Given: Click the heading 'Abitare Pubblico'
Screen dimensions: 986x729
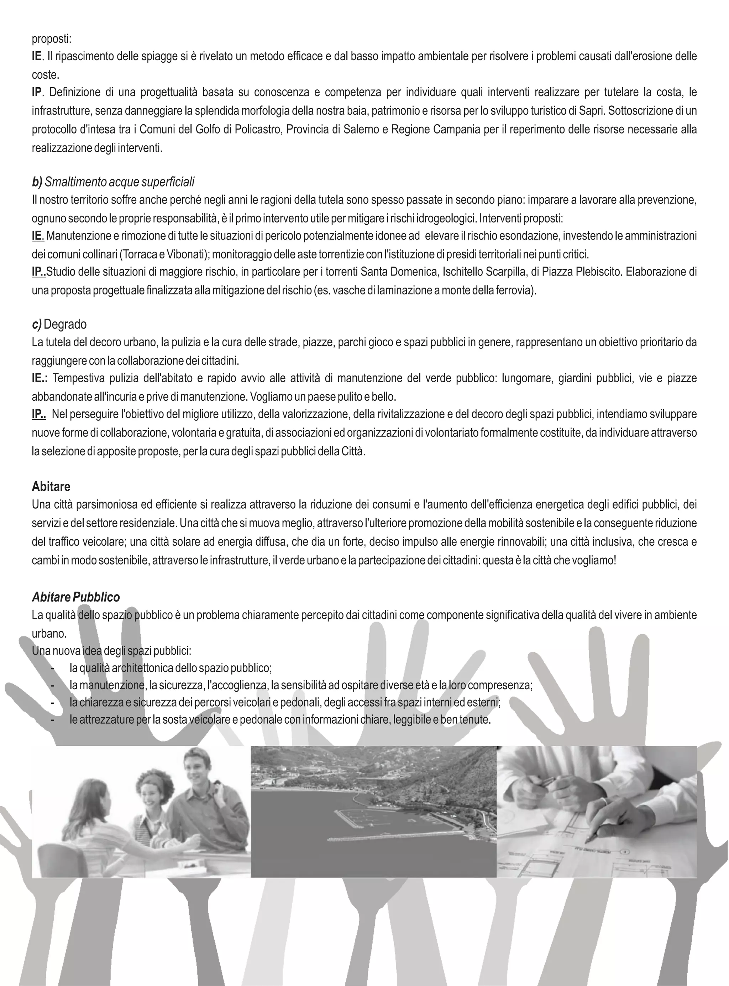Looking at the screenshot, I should point(75,597).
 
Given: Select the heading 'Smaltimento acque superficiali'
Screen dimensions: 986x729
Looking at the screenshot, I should point(120,182).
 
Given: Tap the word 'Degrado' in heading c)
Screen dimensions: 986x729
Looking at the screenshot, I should point(65,324).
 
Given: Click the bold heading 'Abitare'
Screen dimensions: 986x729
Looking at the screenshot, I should point(51,487).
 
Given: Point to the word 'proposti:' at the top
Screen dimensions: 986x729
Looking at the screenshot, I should point(51,39).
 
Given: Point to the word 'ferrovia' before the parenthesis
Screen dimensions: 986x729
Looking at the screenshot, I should point(516,291).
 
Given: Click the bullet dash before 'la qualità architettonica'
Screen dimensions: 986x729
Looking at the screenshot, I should point(53,668).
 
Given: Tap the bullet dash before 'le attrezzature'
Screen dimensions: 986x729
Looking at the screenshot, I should point(53,720).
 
